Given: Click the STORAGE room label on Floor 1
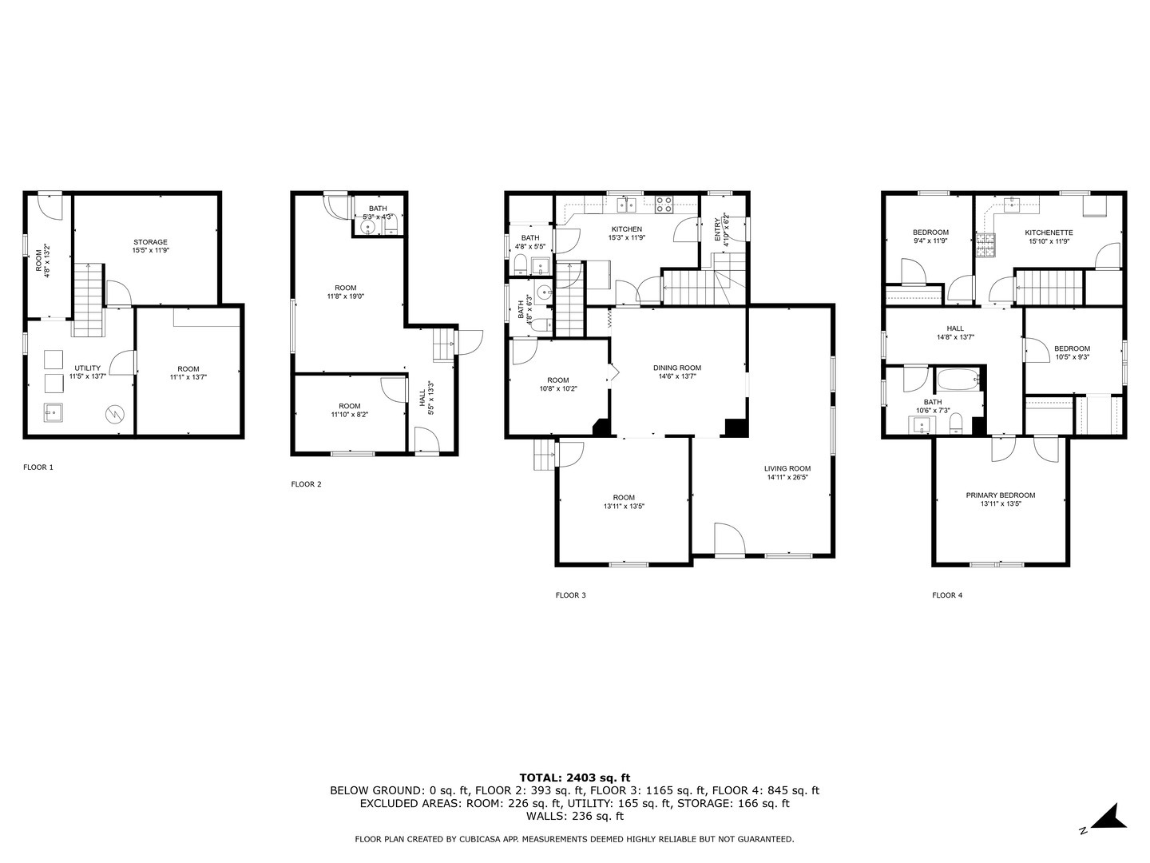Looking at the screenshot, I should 150,242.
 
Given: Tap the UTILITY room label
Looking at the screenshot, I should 88,368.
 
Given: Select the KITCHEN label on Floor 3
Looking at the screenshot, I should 626,229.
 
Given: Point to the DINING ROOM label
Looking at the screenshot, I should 676,368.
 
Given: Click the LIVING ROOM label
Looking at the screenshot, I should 787,469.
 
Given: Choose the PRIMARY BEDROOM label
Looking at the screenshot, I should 1000,495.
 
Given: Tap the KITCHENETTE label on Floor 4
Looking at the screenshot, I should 1049,233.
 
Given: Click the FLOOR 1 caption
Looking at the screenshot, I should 38,467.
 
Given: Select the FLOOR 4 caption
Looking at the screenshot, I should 947,595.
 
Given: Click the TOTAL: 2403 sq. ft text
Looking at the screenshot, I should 574,777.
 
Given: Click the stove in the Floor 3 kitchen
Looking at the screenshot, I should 664,205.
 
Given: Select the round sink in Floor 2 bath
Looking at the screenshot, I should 368,228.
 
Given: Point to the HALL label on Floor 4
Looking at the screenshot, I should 955,328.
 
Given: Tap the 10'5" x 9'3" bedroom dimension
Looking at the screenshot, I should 1072,357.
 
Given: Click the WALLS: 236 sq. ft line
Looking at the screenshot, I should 574,817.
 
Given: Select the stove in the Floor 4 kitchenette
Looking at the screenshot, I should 985,244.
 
